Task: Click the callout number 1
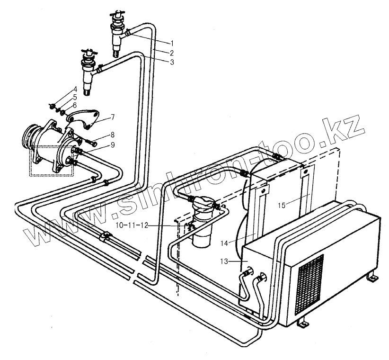pyautogui.click(x=173, y=43)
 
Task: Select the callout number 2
pyautogui.click(x=173, y=52)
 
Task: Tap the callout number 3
pyautogui.click(x=173, y=62)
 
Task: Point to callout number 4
pyautogui.click(x=74, y=90)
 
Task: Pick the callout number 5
pyautogui.click(x=74, y=97)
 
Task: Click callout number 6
pyautogui.click(x=74, y=105)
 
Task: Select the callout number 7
pyautogui.click(x=112, y=117)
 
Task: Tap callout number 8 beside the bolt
pyautogui.click(x=112, y=135)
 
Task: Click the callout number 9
pyautogui.click(x=112, y=145)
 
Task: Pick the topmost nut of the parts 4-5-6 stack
pyautogui.click(x=53, y=105)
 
